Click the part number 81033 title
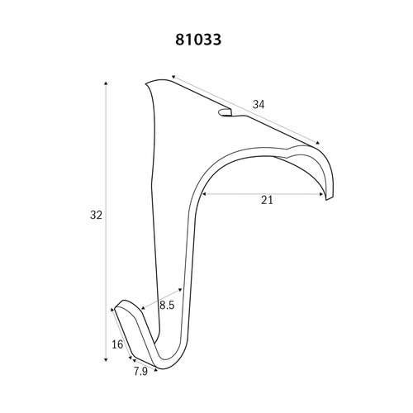198,40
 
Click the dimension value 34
259,105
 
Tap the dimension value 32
96,215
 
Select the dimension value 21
267,200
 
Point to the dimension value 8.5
167,305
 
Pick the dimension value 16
117,344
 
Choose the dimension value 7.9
140,372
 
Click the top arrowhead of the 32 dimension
106,83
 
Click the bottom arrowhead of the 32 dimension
106,359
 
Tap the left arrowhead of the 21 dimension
204,194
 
